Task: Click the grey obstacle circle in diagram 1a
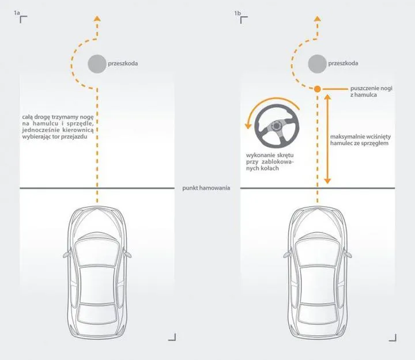click(x=97, y=65)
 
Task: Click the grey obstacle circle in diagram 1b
click(x=316, y=65)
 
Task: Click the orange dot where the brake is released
click(x=316, y=89)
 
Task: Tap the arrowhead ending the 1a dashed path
click(x=97, y=20)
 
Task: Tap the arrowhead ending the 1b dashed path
click(x=316, y=20)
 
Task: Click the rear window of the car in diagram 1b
click(x=316, y=313)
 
